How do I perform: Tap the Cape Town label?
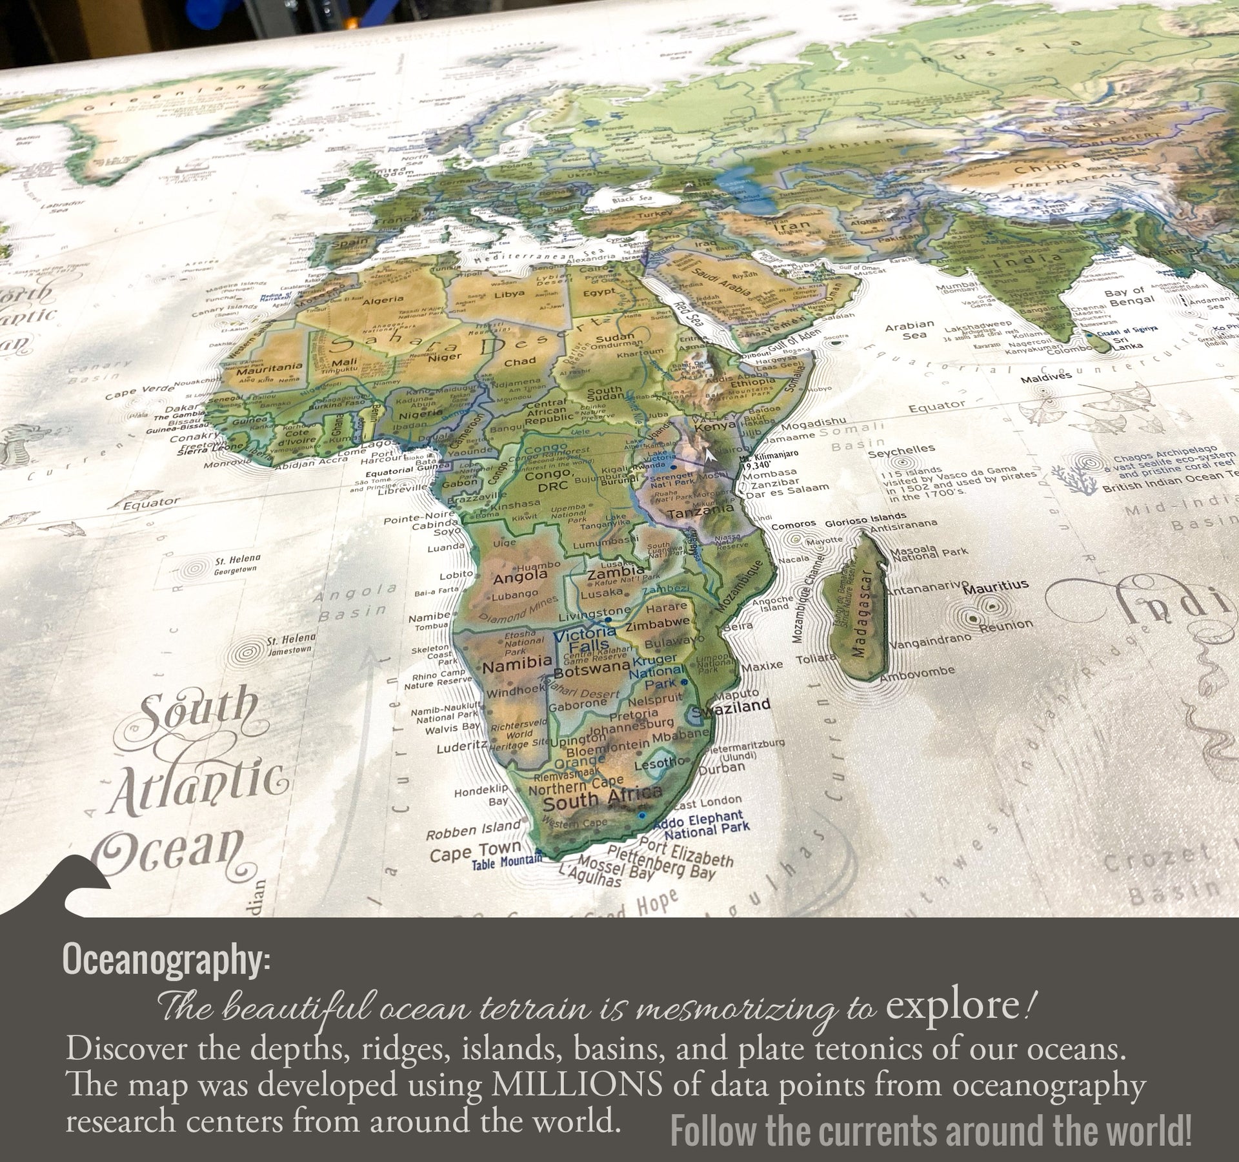(475, 851)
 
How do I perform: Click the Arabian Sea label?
(909, 329)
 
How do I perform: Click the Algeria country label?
(383, 300)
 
